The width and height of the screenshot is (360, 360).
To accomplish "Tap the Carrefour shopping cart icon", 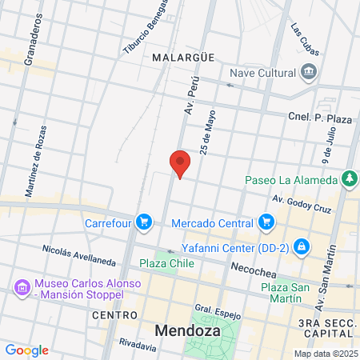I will pos(144,220).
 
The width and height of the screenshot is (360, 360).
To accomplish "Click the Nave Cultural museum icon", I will pos(309,74).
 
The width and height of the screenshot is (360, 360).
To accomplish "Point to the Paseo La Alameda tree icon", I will pos(349,178).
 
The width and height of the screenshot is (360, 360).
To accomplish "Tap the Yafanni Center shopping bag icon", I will pos(301,246).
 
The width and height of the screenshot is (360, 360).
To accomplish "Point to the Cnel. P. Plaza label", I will pos(319,118).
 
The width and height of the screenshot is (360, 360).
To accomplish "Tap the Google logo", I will pos(26,350).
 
